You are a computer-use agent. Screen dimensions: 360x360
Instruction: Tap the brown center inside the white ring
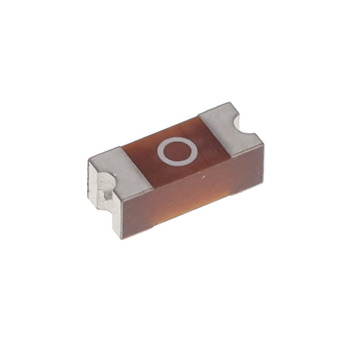[177, 151]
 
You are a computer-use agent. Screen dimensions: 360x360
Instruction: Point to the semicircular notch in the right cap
[243, 125]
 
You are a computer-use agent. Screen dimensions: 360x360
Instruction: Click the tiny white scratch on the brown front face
[203, 177]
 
